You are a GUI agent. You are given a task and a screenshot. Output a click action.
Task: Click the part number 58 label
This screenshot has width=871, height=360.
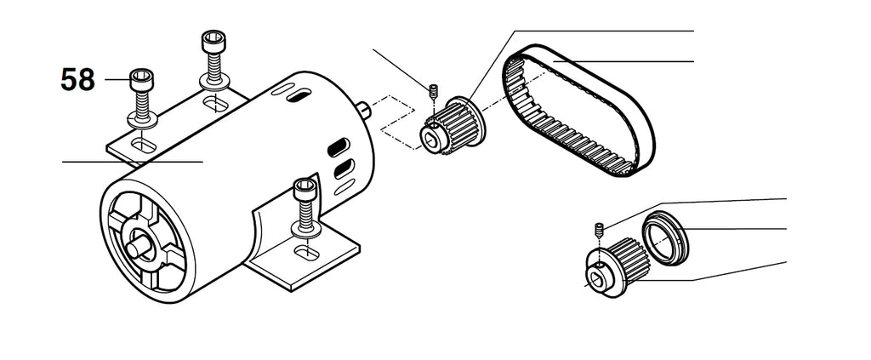tap(77, 79)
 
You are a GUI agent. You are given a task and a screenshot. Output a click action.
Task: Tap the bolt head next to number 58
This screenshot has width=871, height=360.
tap(142, 80)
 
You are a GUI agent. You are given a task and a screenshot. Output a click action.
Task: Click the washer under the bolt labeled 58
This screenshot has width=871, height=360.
tap(142, 118)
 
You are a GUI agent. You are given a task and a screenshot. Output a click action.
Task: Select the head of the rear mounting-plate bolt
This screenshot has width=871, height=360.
tap(213, 41)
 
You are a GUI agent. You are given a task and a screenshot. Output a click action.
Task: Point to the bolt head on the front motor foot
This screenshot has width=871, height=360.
tap(305, 190)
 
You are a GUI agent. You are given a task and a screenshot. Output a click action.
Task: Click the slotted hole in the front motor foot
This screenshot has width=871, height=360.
tap(306, 253)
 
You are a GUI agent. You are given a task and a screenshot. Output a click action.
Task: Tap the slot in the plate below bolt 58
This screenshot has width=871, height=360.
tap(144, 146)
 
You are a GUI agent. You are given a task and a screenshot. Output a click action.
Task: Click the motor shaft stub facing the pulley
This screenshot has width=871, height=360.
tap(363, 110)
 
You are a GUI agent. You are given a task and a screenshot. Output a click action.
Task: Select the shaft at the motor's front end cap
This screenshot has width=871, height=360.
tap(138, 246)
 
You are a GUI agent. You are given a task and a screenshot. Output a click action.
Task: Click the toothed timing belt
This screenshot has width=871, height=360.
tap(578, 111)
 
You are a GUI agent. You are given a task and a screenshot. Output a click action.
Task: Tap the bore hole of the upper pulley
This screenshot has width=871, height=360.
tap(432, 136)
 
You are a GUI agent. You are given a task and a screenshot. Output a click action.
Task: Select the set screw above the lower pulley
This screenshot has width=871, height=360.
tap(600, 228)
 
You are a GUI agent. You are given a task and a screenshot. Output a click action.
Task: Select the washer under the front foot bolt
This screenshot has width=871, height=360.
tap(305, 229)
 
